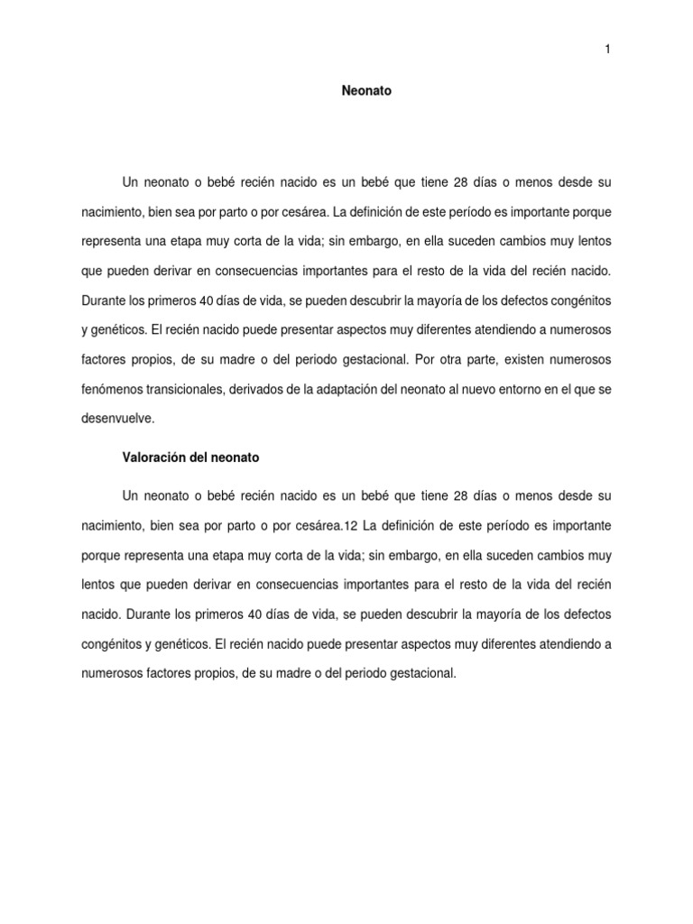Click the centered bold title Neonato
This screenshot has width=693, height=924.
click(366, 91)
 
